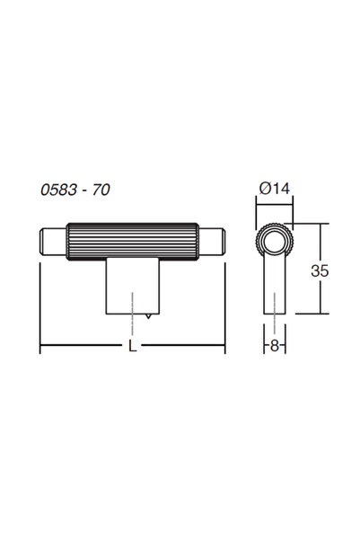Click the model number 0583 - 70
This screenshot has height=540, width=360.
click(x=75, y=190)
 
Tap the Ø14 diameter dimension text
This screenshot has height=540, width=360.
click(x=275, y=189)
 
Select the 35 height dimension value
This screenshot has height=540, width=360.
click(x=320, y=270)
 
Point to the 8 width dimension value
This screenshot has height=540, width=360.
click(x=274, y=345)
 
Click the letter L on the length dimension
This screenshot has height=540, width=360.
click(x=133, y=346)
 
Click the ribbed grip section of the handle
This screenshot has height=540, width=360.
click(x=133, y=242)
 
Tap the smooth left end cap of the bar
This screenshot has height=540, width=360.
click(x=53, y=242)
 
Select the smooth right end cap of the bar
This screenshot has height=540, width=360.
click(x=212, y=242)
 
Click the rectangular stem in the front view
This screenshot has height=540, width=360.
click(x=133, y=286)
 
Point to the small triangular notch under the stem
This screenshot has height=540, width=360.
click(x=148, y=316)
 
